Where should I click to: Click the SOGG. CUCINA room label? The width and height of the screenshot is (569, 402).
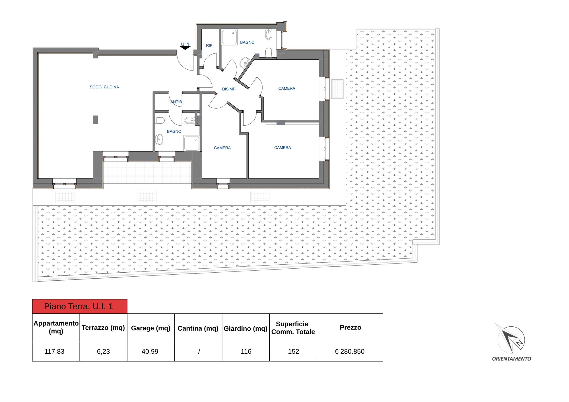[x=104, y=87]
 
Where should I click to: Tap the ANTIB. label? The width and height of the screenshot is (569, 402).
[x=176, y=102]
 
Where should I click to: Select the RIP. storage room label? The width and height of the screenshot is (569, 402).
[x=209, y=45]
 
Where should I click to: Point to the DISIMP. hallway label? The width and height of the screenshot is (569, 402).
[x=229, y=89]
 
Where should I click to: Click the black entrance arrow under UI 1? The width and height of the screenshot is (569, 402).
[x=185, y=48]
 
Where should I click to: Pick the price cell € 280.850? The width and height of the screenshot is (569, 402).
[x=350, y=352]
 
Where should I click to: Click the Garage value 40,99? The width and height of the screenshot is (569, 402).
[x=150, y=352]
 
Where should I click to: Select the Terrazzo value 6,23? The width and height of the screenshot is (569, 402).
[x=103, y=352]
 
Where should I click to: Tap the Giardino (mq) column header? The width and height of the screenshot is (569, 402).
[x=246, y=328]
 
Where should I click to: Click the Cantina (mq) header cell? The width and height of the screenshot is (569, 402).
[x=198, y=328]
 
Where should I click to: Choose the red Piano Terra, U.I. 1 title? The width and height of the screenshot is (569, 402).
[x=80, y=306]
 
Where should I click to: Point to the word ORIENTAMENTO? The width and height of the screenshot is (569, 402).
[x=512, y=359]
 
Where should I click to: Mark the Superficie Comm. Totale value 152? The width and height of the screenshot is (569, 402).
[x=293, y=352]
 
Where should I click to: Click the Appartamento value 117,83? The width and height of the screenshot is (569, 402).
[x=54, y=352]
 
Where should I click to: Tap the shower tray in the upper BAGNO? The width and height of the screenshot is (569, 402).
[x=229, y=37]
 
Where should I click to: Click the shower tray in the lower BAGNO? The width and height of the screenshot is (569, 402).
[x=191, y=143]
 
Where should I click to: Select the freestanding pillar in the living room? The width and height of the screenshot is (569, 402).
[x=95, y=120]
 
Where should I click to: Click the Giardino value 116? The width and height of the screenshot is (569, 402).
[x=246, y=352]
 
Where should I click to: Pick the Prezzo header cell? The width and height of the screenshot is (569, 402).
[x=350, y=328]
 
